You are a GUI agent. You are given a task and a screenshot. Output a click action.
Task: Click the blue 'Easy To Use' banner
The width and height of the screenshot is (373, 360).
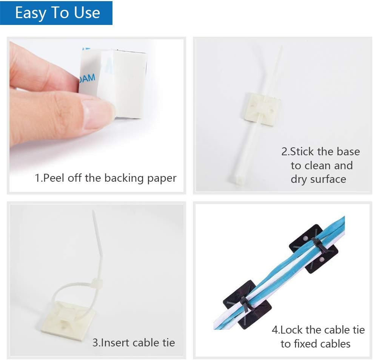tap(56, 13)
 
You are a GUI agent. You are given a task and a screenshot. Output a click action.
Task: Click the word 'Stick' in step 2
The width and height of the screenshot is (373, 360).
tap(303, 152)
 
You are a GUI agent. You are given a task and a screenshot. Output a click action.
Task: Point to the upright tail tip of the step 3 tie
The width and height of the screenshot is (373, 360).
tap(93, 214)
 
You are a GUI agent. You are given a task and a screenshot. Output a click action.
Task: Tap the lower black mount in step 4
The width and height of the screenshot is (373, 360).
tap(247, 303)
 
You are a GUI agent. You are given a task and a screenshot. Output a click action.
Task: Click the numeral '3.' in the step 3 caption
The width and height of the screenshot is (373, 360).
tap(96, 343)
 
